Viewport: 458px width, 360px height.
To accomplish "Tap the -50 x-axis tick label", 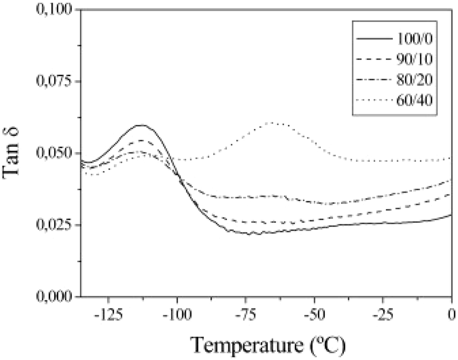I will (313, 315).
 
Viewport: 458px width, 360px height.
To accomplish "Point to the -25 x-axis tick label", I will (381, 315).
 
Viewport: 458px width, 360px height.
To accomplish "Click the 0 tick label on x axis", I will (451, 315).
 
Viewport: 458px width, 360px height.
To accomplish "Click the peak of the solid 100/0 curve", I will (142, 125).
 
